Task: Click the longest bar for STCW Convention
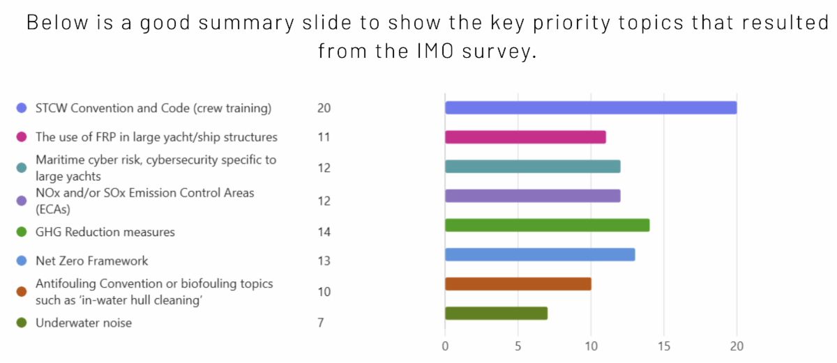590,107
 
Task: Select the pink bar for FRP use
525,137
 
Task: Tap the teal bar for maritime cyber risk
532,167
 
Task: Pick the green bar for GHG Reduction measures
547,225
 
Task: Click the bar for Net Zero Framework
539,254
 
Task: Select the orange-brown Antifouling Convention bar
518,284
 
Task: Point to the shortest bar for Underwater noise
496,313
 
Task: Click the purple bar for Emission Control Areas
532,196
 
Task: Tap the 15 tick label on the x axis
663,346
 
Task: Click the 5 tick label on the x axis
518,346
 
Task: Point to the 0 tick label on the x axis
445,346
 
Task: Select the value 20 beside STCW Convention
324,108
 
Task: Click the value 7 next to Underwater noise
320,323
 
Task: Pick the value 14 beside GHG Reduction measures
324,232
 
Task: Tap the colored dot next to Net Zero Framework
22,261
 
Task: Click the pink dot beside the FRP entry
22,137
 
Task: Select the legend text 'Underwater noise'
84,323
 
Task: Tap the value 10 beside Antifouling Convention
324,292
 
